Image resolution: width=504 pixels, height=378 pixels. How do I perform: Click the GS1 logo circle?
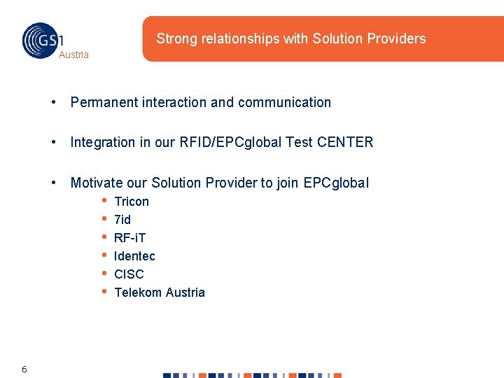tap(41, 40)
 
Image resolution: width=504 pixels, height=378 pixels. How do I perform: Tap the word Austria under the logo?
tap(73, 55)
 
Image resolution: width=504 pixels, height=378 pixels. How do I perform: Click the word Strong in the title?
tap(176, 38)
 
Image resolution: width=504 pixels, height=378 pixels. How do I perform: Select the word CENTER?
tap(345, 142)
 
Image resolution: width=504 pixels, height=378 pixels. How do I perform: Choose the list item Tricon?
tap(132, 202)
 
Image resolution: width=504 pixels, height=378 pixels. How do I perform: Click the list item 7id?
tap(122, 220)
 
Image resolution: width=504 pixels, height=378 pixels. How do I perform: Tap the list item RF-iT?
tap(130, 238)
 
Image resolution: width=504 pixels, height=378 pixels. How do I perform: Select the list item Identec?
tap(134, 256)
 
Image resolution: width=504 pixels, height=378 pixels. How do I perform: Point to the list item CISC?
tap(129, 274)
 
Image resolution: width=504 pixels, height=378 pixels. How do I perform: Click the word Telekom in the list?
tap(136, 293)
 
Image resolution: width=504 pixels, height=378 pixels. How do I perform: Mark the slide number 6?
tap(24, 369)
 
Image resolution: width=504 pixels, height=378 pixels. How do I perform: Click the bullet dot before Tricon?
tap(104, 201)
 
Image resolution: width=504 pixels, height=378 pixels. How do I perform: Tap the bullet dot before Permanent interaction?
tap(54, 102)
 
